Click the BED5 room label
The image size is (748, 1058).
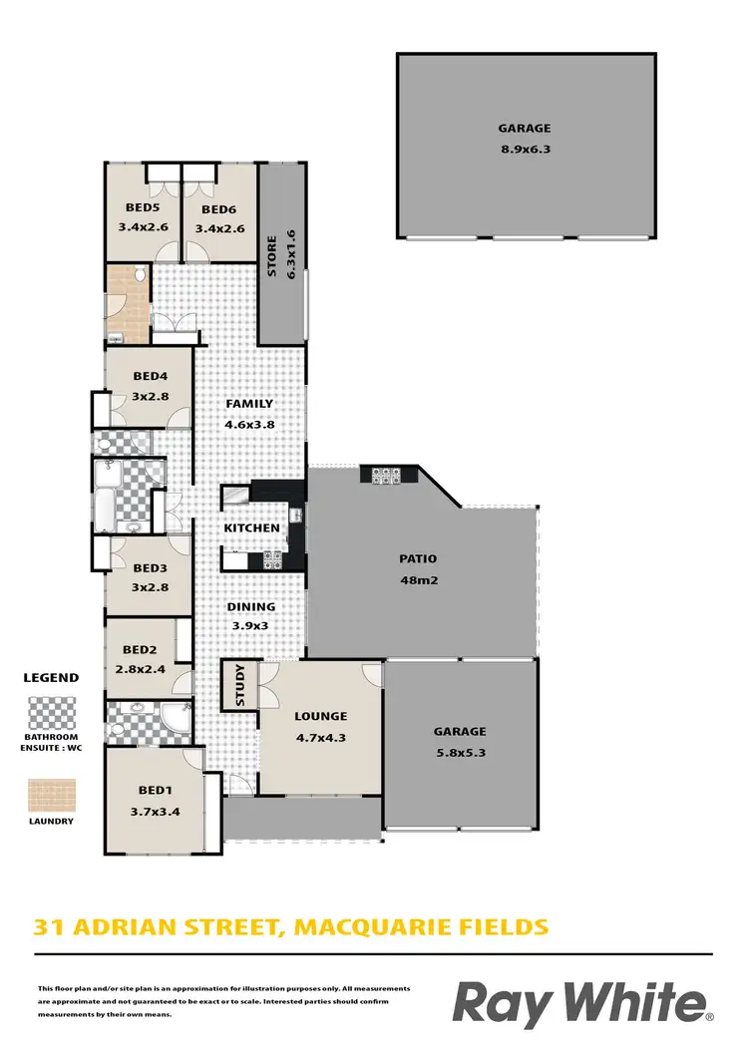pyautogui.click(x=141, y=209)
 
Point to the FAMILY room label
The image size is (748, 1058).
pyautogui.click(x=249, y=404)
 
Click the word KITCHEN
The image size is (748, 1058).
pyautogui.click(x=244, y=528)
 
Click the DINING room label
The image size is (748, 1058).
pyautogui.click(x=250, y=606)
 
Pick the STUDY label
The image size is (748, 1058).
pyautogui.click(x=240, y=685)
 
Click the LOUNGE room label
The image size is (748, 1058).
pyautogui.click(x=319, y=716)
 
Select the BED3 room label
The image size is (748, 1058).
pyautogui.click(x=151, y=568)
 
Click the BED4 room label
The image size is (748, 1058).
pyautogui.click(x=151, y=376)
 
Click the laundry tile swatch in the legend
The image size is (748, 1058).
pyautogui.click(x=50, y=795)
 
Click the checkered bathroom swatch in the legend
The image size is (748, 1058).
pyautogui.click(x=50, y=713)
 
